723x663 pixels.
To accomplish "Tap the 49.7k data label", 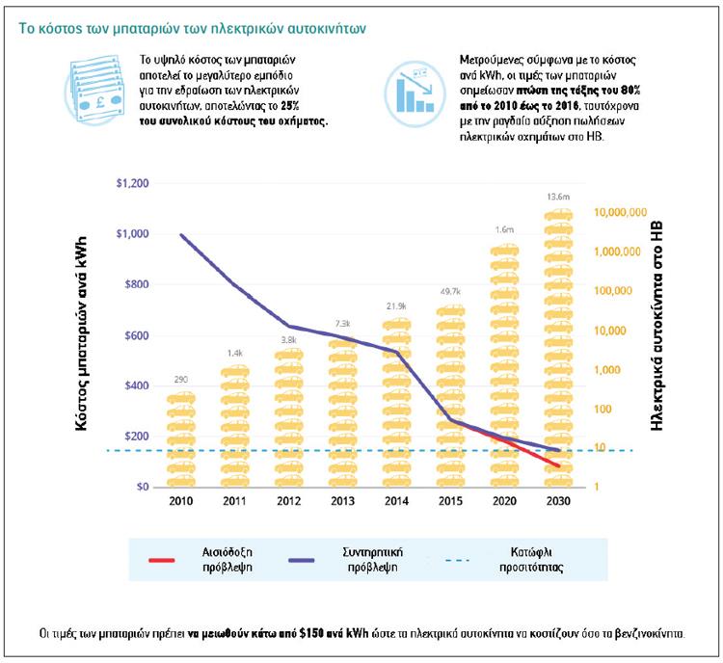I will click(x=449, y=291).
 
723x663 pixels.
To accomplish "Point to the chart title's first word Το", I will click(x=27, y=28).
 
